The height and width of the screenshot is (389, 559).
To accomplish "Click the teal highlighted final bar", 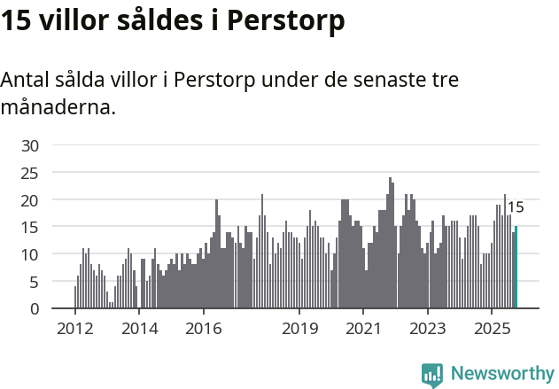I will [x=516, y=268].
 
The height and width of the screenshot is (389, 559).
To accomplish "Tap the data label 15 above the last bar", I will [x=515, y=207].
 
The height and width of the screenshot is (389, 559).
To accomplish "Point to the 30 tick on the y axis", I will [x=30, y=145].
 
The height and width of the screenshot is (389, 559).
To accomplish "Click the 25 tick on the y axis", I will [x=30, y=173].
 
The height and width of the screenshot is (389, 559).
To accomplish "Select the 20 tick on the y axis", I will [x=30, y=200].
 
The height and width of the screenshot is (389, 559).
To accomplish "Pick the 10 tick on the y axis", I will [x=30, y=254].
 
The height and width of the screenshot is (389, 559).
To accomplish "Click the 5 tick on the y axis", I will [x=35, y=282].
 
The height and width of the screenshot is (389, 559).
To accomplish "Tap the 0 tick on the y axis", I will [x=35, y=309].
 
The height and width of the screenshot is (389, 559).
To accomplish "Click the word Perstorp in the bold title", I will [x=285, y=21].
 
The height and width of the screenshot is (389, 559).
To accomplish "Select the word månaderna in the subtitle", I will [x=57, y=107].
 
